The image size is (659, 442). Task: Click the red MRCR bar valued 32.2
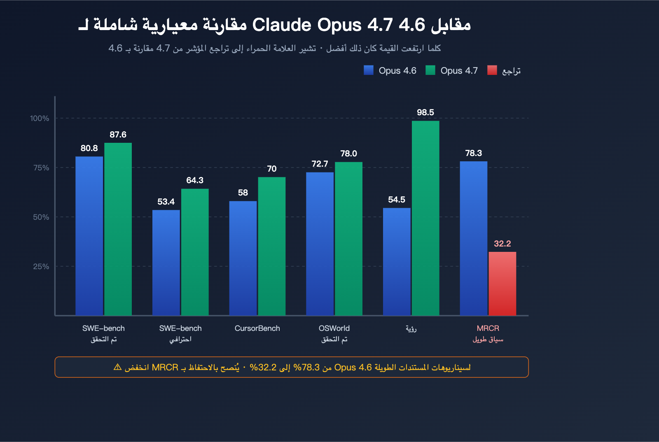(502, 284)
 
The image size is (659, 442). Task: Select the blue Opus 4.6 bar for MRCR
(473, 238)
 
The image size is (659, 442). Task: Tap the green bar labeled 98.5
(425, 218)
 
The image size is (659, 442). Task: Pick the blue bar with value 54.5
(397, 262)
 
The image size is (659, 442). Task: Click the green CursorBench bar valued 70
(272, 246)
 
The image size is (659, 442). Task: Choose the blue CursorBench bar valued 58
(243, 258)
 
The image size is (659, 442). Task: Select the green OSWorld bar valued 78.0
(348, 239)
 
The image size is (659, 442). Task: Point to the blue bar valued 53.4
(166, 263)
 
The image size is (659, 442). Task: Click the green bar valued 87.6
(118, 229)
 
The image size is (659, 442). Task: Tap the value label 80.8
(89, 148)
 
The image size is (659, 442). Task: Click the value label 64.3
(195, 180)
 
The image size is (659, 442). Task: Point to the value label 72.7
(320, 164)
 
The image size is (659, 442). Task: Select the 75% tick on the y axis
(41, 167)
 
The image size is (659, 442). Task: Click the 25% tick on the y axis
(41, 266)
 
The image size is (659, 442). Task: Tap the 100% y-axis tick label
(40, 118)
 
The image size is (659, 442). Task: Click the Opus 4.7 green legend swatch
(430, 70)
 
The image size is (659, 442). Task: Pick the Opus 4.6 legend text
(397, 71)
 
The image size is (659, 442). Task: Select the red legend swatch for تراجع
(492, 70)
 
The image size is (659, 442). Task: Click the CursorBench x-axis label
(257, 328)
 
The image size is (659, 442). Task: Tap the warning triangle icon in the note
(117, 367)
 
